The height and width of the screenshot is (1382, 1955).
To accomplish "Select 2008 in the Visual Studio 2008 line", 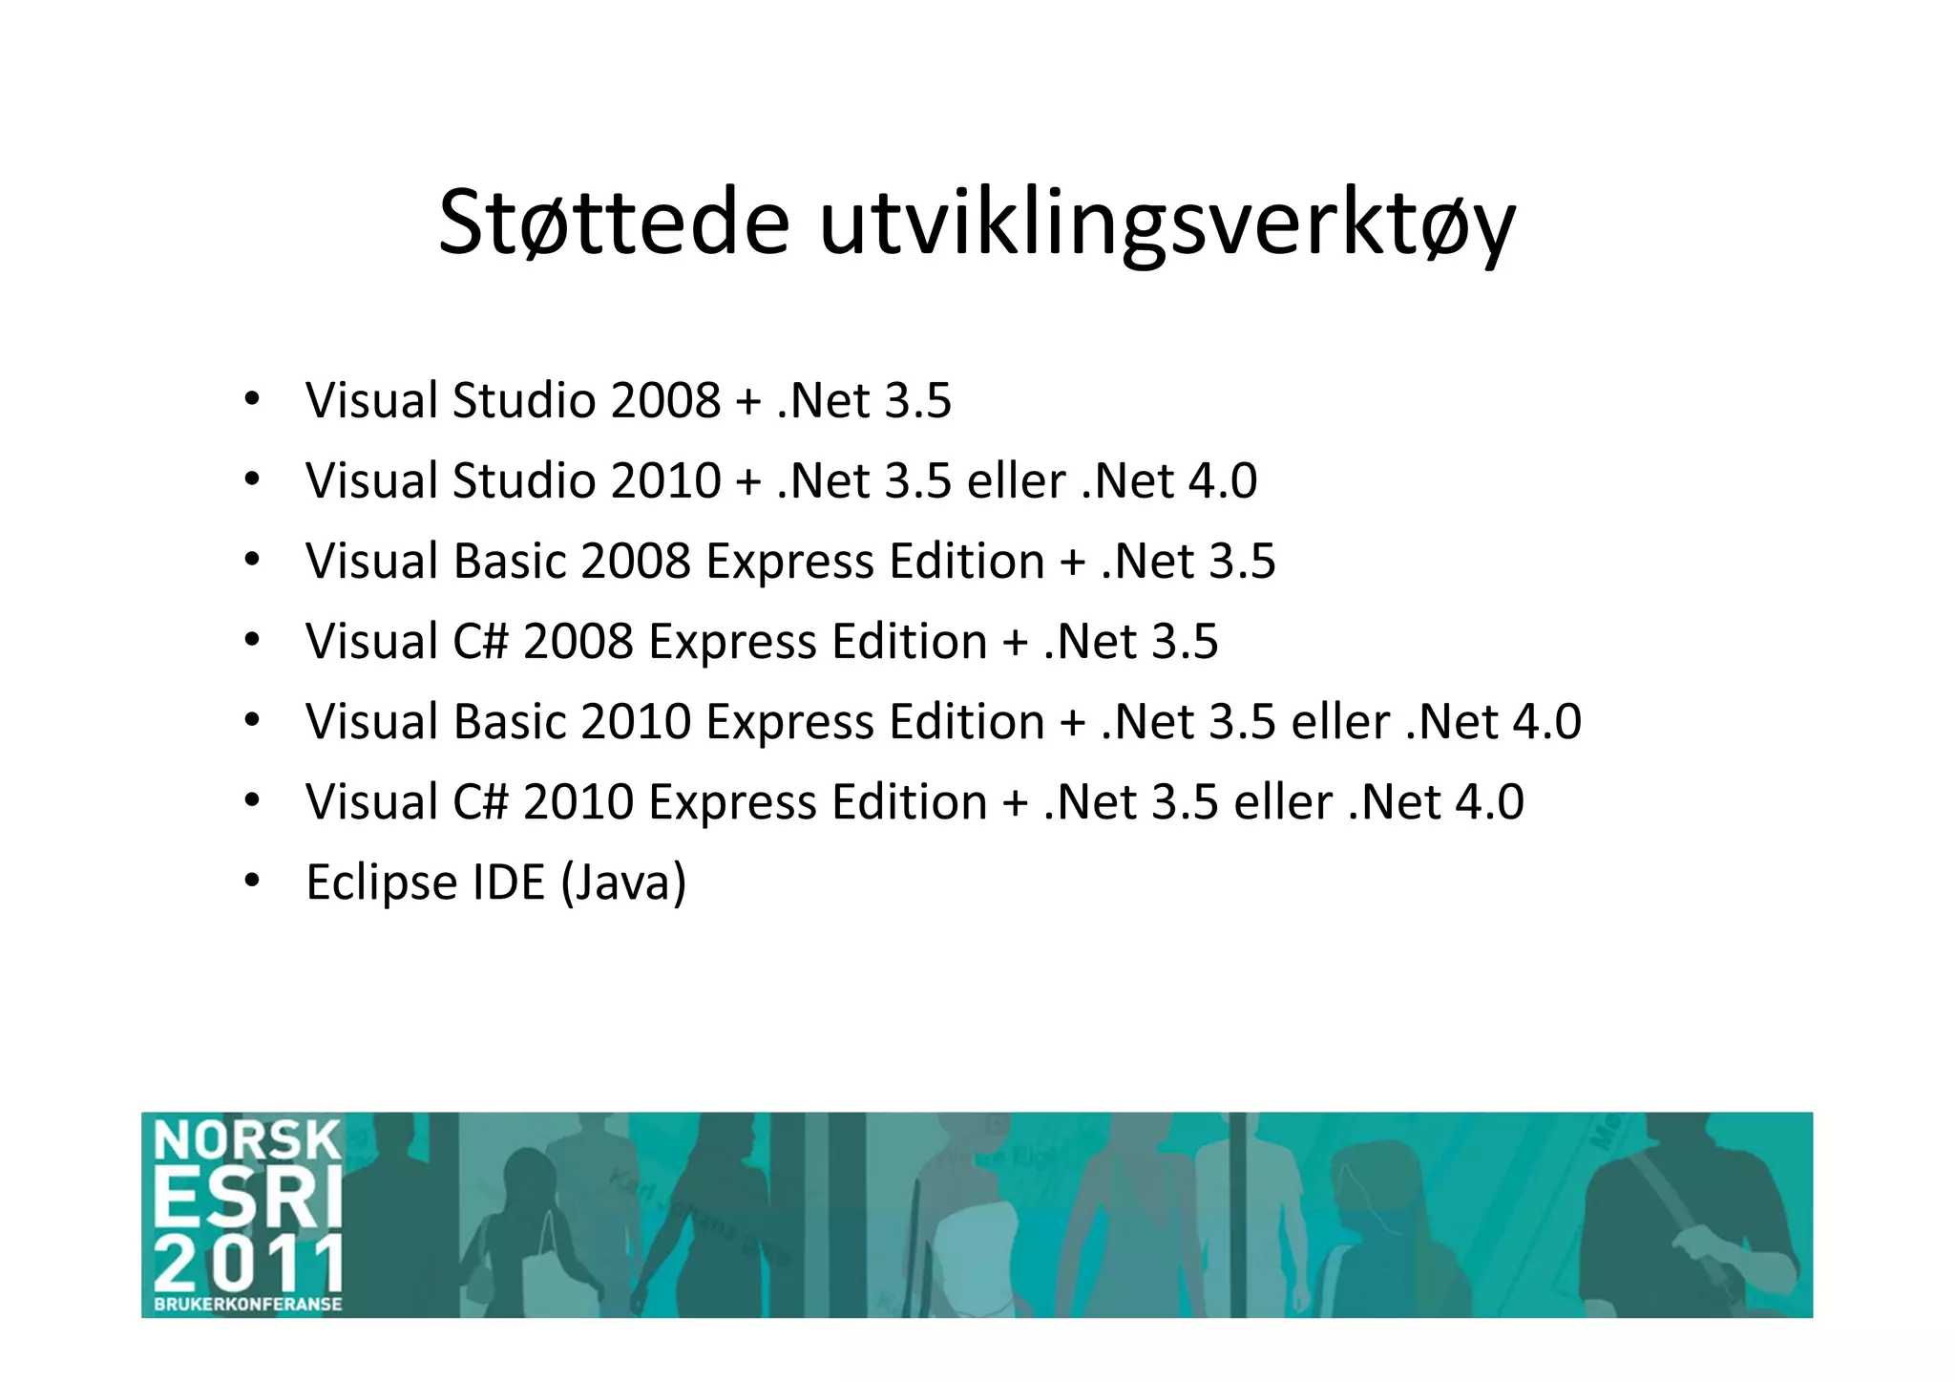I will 665,400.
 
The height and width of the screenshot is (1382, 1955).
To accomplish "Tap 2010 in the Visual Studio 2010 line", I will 665,480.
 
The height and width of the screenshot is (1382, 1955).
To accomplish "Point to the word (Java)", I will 623,883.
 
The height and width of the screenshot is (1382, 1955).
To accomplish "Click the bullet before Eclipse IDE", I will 251,880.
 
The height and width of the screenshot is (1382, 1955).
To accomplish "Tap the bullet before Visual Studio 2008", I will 251,398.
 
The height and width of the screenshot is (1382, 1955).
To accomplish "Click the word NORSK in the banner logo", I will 247,1140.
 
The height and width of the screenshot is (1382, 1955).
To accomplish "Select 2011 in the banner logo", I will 247,1263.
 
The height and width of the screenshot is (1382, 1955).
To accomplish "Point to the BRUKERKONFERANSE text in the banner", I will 247,1304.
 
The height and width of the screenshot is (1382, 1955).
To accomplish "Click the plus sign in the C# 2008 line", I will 1016,643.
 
